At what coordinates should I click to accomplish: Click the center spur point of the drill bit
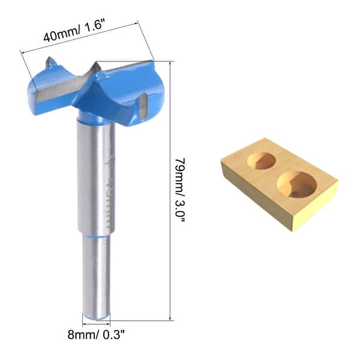[x=95, y=67]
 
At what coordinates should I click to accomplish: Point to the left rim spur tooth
[x=51, y=61]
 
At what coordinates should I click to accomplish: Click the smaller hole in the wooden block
[x=261, y=160]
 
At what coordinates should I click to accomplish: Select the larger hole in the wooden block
[x=297, y=184]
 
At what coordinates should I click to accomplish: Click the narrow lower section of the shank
[x=96, y=273]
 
